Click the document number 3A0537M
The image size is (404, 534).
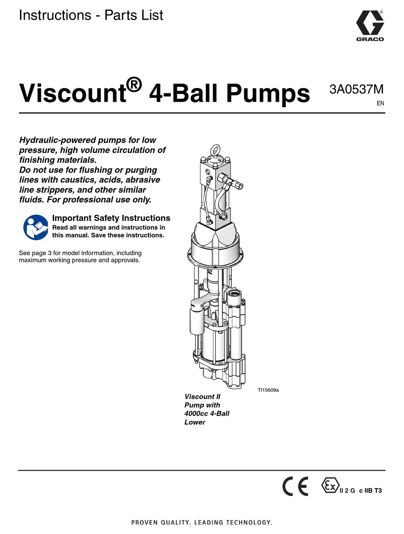[x=356, y=90]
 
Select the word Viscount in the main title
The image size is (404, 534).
[x=73, y=93]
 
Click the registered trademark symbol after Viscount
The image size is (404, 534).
[x=134, y=85]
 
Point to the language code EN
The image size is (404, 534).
[x=380, y=103]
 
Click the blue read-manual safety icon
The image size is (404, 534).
[x=36, y=227]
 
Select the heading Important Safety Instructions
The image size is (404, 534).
[x=111, y=218]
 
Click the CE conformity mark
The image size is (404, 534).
[x=295, y=487]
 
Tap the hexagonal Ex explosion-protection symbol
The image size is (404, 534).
[x=330, y=486]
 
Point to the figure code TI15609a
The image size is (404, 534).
[x=268, y=389]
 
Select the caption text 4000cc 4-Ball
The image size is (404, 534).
[x=207, y=414]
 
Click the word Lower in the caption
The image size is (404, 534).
[x=195, y=422]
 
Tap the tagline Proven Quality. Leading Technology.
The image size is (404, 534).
[x=202, y=522]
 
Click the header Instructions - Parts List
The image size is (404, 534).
[x=91, y=16]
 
